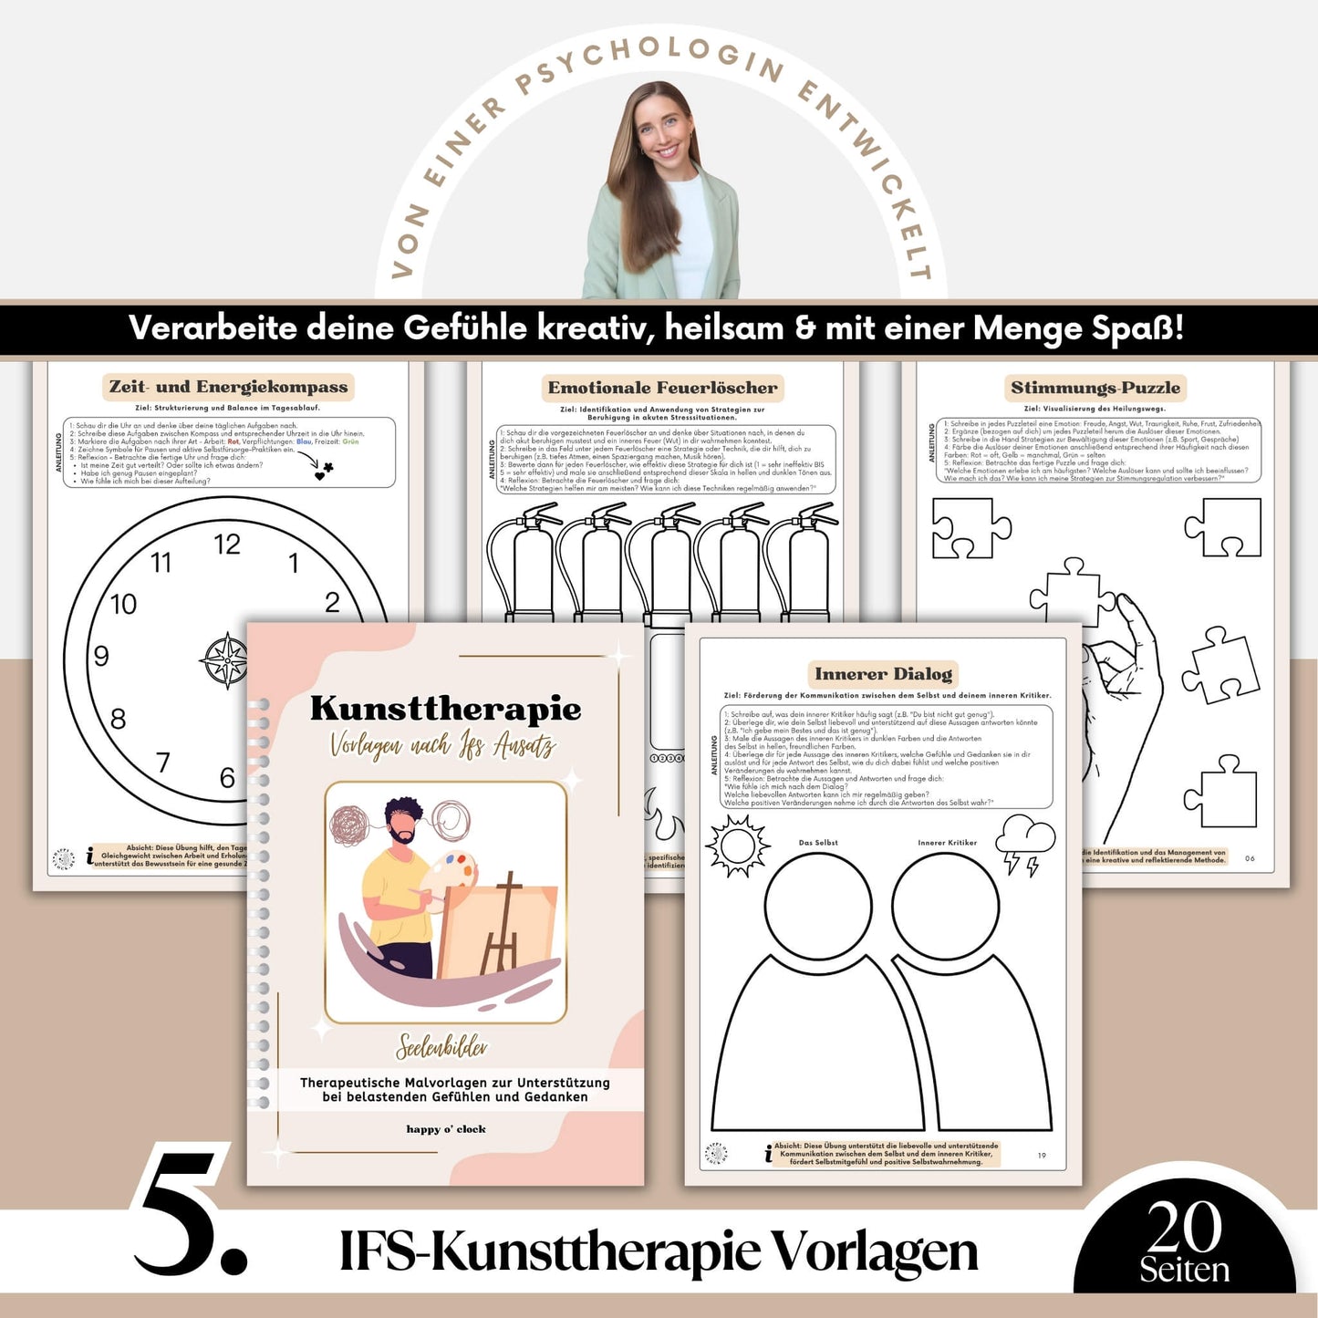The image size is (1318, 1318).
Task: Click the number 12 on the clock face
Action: click(x=227, y=545)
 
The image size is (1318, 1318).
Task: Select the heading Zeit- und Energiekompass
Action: click(x=229, y=387)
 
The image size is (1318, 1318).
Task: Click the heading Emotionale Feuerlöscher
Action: click(x=663, y=388)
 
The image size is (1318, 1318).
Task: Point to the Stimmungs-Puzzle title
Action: click(x=1095, y=388)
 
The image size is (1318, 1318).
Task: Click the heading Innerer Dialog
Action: click(x=883, y=674)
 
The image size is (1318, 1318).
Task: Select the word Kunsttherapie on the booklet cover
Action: click(x=445, y=709)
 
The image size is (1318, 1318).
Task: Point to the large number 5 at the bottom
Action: click(x=190, y=1213)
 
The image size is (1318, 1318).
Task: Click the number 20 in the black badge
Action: click(x=1184, y=1227)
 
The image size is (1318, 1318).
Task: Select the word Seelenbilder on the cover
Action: click(x=442, y=1047)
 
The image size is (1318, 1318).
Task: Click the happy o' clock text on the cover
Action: click(x=446, y=1129)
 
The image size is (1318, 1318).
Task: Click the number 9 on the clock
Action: click(x=101, y=656)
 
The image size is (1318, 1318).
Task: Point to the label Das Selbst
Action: click(x=818, y=843)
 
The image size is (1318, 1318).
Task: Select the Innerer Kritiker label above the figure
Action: click(x=947, y=843)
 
